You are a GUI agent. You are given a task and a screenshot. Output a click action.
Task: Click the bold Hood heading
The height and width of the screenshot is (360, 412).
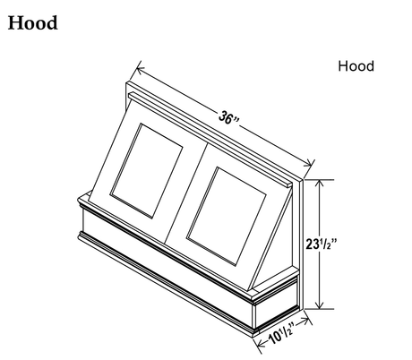tap(32, 23)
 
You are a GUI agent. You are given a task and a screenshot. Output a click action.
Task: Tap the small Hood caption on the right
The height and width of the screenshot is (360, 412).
tap(356, 66)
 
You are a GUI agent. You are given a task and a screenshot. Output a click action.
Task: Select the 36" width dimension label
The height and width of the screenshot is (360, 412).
tap(228, 118)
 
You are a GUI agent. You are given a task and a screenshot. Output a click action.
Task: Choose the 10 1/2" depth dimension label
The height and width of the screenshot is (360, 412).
tap(281, 334)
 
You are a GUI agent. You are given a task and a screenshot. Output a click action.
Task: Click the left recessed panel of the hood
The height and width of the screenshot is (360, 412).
tap(146, 170)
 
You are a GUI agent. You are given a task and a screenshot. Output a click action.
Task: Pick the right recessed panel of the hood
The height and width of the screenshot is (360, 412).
tap(227, 216)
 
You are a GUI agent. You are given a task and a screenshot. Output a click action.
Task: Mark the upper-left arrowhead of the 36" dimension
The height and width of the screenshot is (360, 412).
tap(139, 69)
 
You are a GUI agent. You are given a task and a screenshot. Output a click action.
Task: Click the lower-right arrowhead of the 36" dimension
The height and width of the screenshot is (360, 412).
tap(309, 164)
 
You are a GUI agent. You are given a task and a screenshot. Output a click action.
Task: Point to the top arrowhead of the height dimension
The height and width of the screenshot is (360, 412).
tap(320, 183)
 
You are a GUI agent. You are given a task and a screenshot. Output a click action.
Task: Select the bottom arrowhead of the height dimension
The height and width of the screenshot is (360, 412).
tap(320, 305)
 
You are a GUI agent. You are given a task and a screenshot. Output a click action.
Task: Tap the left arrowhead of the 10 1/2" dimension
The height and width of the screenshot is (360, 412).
tap(260, 345)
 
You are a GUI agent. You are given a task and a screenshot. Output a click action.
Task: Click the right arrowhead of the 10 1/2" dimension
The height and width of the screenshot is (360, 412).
tap(305, 321)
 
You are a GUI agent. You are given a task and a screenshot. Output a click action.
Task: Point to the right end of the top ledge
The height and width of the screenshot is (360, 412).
tap(290, 185)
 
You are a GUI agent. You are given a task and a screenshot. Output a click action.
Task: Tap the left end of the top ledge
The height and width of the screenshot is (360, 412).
tap(130, 96)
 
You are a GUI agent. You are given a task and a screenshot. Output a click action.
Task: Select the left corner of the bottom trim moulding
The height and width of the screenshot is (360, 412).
tap(80, 236)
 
